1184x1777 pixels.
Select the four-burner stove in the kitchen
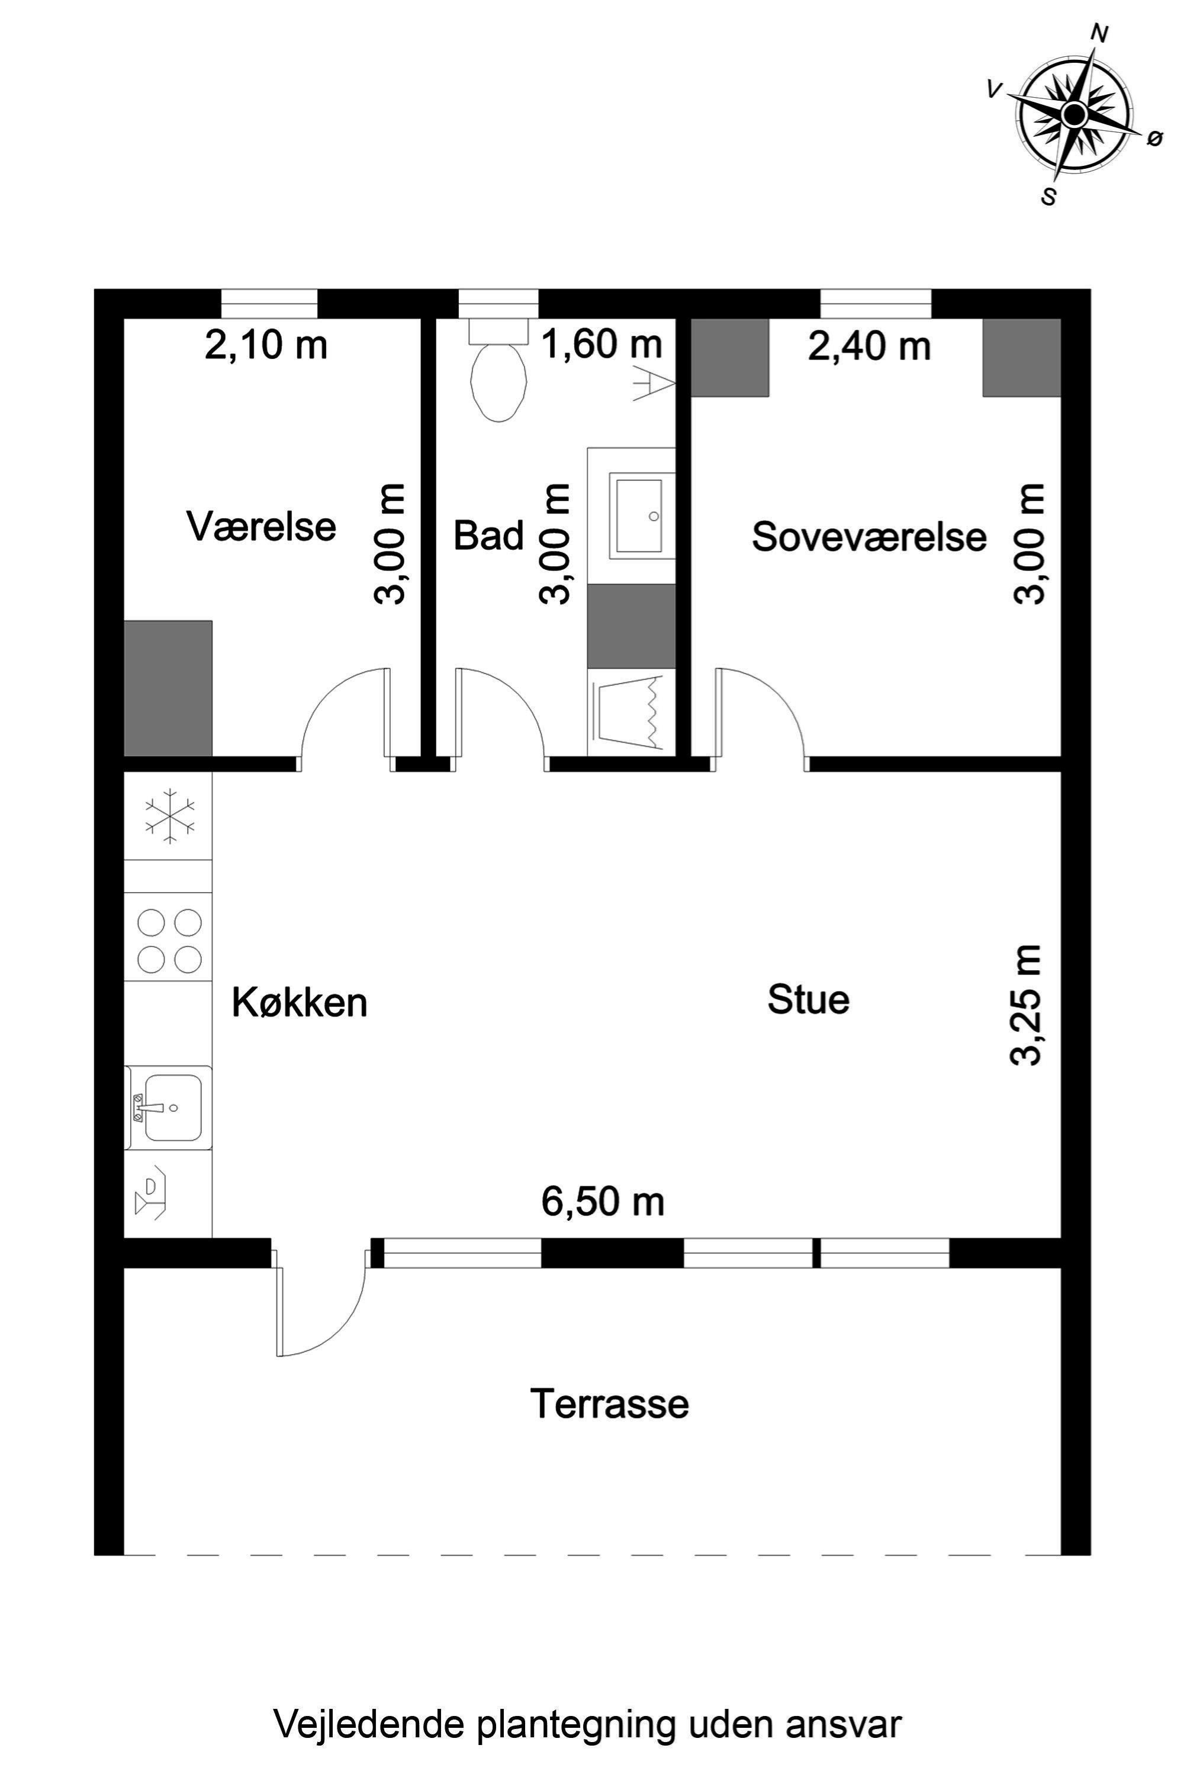(169, 941)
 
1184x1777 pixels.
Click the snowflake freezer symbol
(170, 817)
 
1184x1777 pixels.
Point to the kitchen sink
(170, 1107)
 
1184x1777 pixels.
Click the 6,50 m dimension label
(603, 1201)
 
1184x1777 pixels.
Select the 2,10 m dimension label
(266, 346)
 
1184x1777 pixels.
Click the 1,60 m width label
(603, 345)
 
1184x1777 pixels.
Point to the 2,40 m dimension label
(868, 347)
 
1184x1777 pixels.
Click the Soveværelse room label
(868, 537)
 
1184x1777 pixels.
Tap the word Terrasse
(609, 1404)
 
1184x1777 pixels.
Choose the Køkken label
(299, 1003)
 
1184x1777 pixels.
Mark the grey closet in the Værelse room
(168, 688)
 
